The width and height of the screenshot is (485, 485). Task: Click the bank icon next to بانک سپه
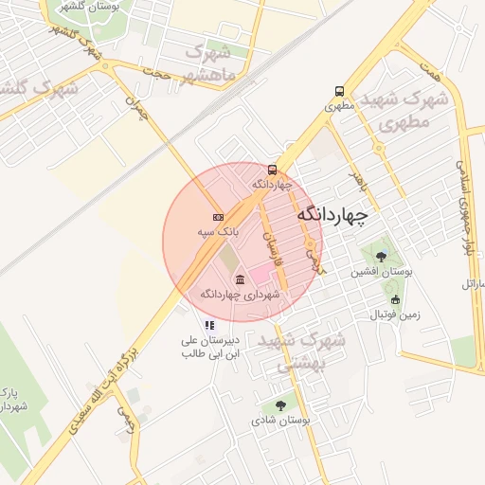[219, 217]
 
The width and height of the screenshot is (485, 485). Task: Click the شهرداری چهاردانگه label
[241, 295]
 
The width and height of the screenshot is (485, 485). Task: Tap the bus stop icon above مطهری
[339, 92]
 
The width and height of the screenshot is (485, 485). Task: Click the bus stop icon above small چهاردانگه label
[273, 170]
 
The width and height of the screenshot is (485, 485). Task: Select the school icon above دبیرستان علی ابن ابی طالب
[209, 325]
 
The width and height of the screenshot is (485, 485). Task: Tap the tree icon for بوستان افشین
[381, 256]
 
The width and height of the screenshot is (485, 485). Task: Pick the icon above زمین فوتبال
[395, 299]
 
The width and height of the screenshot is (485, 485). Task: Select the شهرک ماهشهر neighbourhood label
[209, 63]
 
